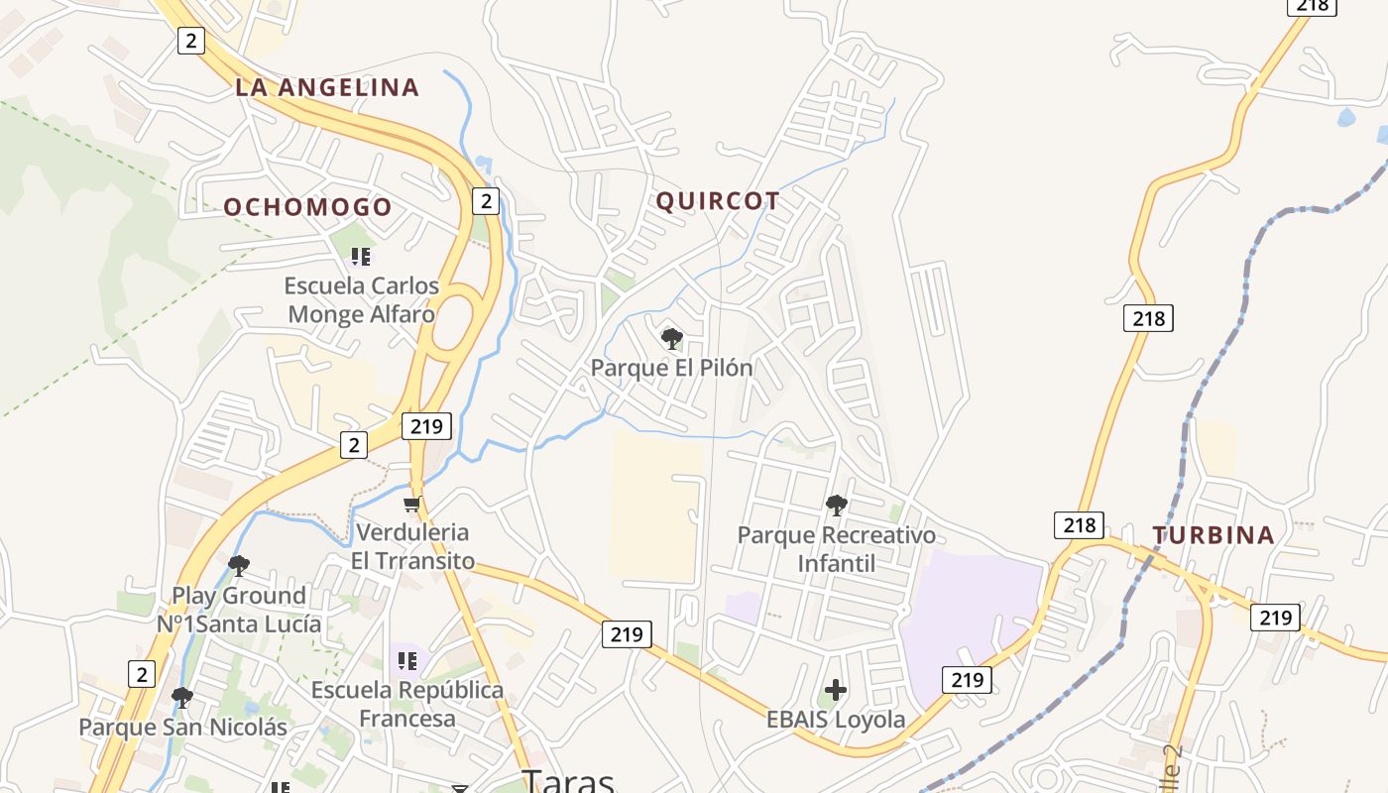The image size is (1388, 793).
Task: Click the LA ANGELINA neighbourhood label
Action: tap(327, 87)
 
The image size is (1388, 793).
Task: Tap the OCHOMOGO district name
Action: tap(307, 207)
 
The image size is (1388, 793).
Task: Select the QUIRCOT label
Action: tap(718, 201)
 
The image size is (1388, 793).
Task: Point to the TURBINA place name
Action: tap(1213, 535)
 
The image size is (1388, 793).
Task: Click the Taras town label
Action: tap(568, 780)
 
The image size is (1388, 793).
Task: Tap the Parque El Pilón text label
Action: tap(671, 368)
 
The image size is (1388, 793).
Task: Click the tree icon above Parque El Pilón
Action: tap(672, 339)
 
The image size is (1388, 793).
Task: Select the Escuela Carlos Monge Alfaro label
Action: tap(361, 299)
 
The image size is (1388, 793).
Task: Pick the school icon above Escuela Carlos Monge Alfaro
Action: tap(361, 257)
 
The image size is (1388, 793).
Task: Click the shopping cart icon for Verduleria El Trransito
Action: tap(412, 505)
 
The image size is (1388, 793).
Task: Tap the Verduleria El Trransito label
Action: tap(412, 546)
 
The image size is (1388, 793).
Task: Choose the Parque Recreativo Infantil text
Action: tap(836, 549)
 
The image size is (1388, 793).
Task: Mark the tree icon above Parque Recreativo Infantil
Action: tap(836, 506)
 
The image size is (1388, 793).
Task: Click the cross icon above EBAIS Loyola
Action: tap(836, 690)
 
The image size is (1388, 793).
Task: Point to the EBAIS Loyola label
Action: tap(836, 720)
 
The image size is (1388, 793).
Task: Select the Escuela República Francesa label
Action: tap(407, 704)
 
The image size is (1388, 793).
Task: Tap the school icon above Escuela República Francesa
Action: tap(406, 660)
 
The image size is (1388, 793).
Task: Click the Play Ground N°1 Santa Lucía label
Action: tap(239, 610)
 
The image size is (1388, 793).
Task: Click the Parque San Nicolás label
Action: tap(182, 728)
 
